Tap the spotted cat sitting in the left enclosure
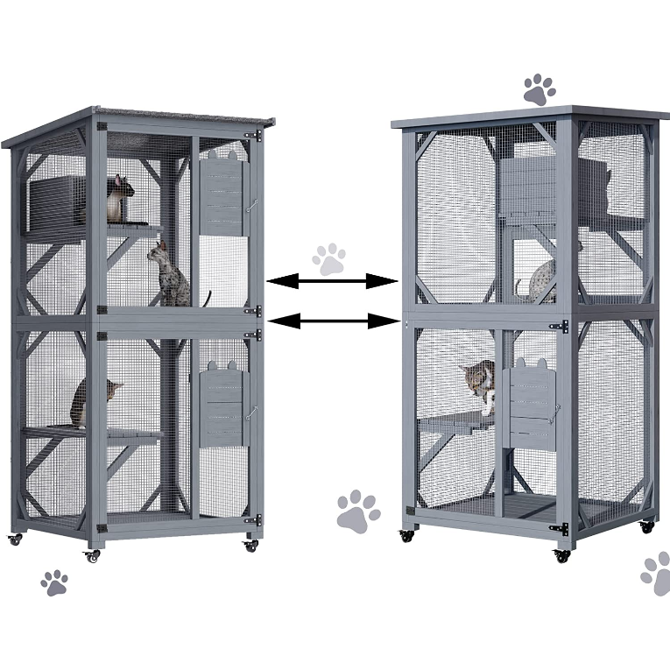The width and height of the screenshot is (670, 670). (171, 275)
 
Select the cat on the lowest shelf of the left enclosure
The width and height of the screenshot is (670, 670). (92, 401)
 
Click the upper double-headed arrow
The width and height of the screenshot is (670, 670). (332, 281)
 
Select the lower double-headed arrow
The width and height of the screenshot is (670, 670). (332, 321)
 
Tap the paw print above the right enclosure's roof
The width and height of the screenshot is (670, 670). (539, 88)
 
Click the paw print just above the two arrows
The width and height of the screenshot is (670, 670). (329, 259)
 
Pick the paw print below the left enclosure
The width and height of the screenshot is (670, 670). (54, 582)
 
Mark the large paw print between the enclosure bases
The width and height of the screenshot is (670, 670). (358, 511)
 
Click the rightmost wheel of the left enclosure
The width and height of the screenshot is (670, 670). (251, 545)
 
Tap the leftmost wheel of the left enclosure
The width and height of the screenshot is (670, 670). (15, 540)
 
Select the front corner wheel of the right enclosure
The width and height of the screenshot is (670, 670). (561, 554)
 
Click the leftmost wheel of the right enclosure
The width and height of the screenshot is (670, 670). (406, 535)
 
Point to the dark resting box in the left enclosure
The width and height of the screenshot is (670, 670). (57, 202)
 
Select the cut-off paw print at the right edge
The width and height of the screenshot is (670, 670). (657, 574)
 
